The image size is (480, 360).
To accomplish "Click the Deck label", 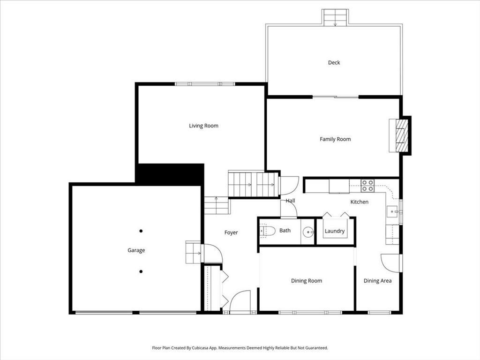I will point(334,63).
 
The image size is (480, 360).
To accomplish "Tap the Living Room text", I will point(203,126).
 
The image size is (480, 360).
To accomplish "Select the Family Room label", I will point(335,139).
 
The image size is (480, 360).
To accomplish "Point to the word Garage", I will point(136,250).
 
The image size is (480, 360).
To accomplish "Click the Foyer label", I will point(231,232).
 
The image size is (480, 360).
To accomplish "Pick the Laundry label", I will point(335,231).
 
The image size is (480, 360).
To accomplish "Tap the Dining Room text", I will point(307,281).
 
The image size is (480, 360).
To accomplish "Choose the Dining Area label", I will point(377,281).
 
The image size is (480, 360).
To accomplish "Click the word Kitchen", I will point(360,202).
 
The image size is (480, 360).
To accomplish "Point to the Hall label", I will point(291,201).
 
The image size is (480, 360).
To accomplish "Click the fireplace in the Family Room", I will point(399,135).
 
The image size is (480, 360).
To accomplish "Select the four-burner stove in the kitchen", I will point(367,186).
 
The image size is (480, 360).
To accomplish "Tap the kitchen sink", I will point(392,211).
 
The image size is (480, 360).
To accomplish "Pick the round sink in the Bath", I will point(308,231).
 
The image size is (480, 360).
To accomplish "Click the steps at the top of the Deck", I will point(335,18).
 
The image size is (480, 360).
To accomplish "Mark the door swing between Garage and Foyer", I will point(212,254).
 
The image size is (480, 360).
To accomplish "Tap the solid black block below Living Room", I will point(170,173).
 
